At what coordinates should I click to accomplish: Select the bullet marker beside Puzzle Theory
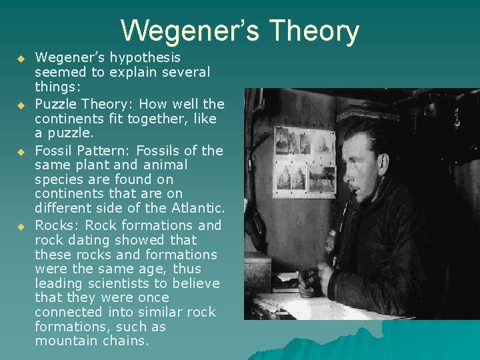coord(21,105)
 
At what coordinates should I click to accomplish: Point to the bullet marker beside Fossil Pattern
coord(21,151)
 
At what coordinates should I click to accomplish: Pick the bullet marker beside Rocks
coord(21,226)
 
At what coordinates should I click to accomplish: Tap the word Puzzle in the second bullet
coord(58,103)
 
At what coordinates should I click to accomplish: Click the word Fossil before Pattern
coord(54,150)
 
